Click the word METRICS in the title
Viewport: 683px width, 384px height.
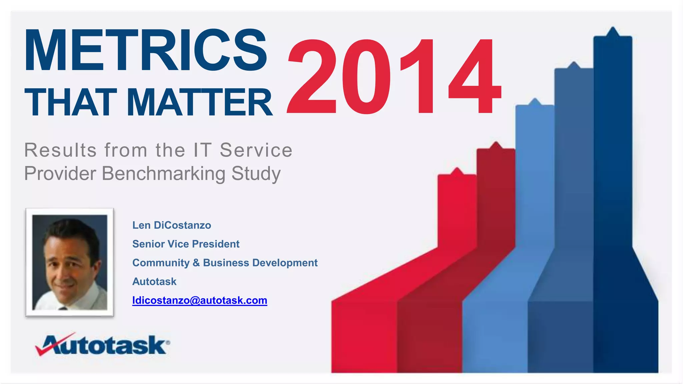coord(145,51)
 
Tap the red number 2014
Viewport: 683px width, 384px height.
coord(394,77)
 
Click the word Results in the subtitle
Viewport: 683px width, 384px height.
coord(60,150)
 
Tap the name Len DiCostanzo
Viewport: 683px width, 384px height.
coord(171,225)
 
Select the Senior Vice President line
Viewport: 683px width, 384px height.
coord(186,244)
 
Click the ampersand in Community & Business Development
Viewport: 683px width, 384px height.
coord(196,263)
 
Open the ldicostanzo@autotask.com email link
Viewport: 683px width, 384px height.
coord(199,300)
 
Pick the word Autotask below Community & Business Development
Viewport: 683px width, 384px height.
coord(154,282)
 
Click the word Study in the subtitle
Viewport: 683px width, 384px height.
coord(256,174)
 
